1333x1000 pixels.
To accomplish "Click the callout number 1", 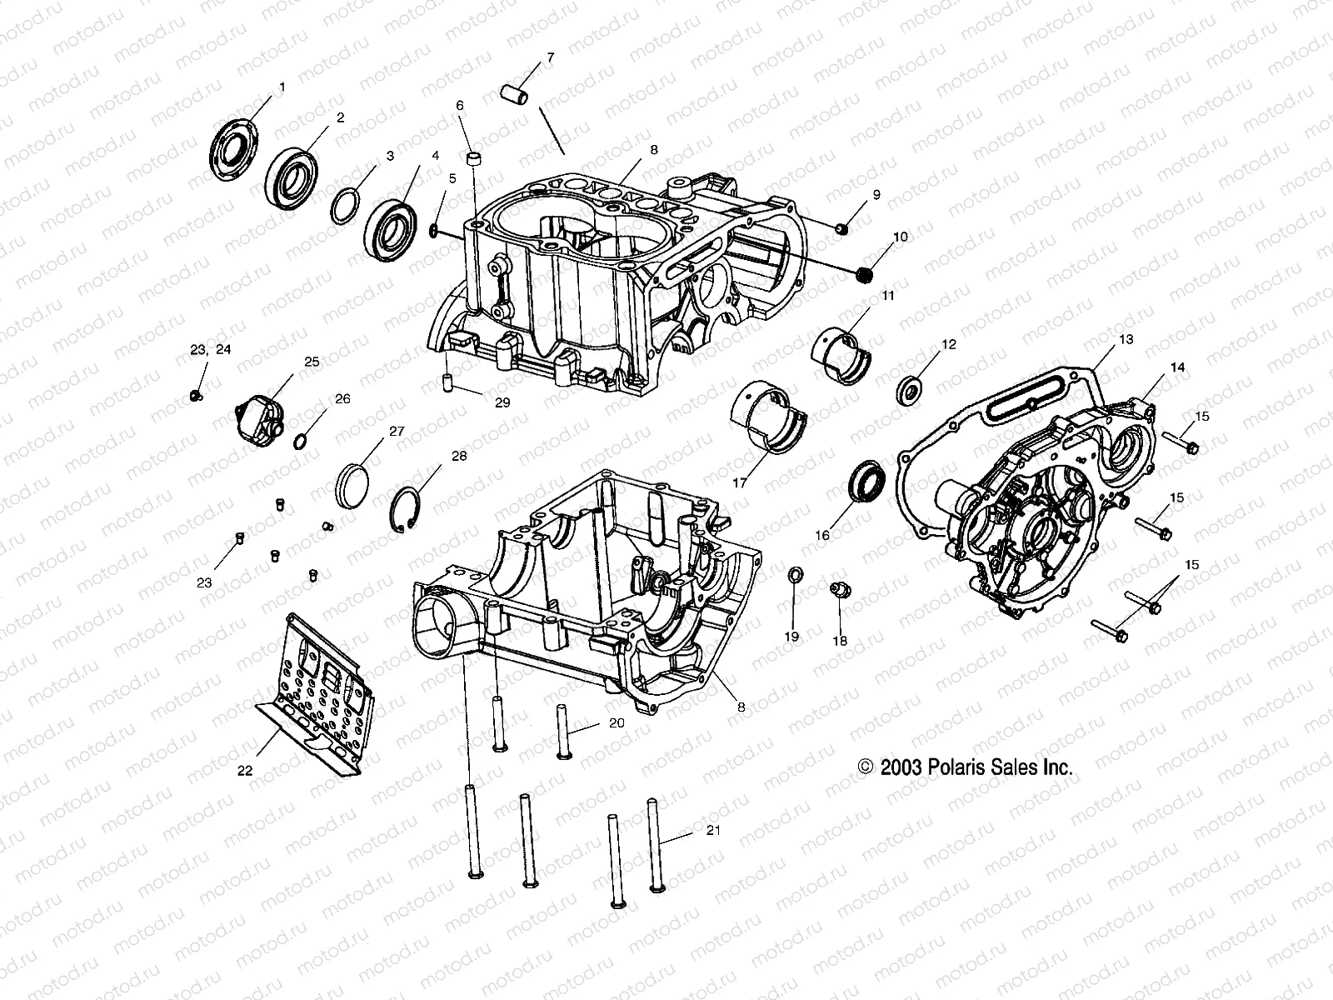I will [x=282, y=87].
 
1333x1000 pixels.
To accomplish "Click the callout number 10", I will [x=901, y=237].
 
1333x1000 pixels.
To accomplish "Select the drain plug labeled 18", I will [x=841, y=591].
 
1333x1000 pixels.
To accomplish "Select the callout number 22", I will [x=244, y=771].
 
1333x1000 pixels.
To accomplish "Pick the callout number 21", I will [x=712, y=830].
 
